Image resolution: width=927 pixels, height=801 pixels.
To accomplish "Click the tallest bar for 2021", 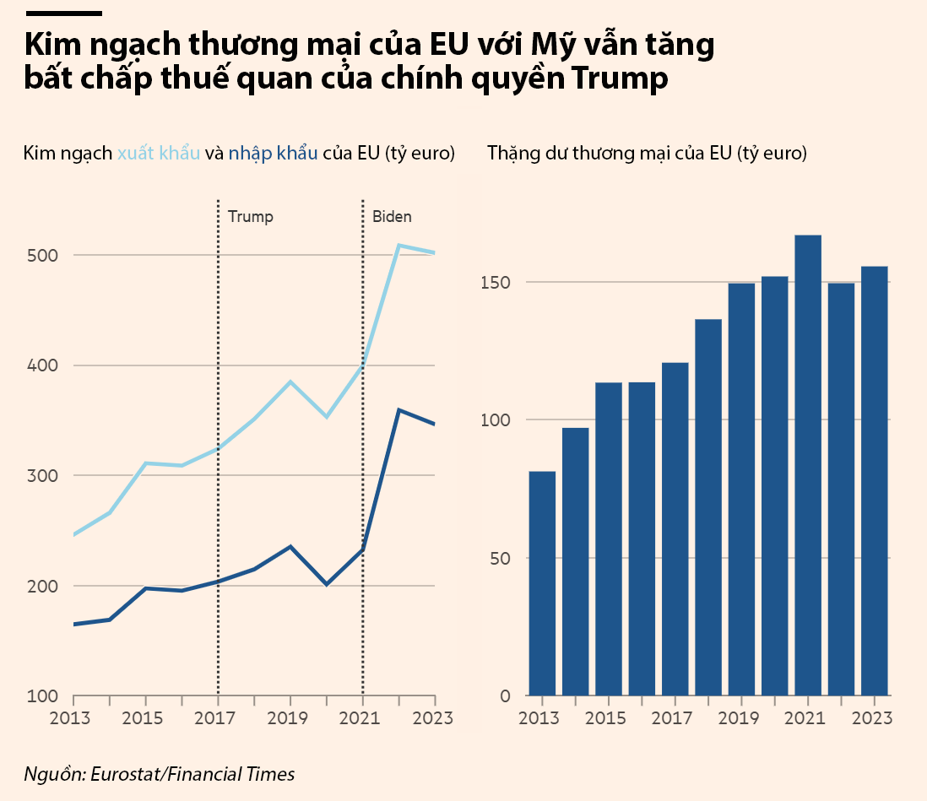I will coord(808,464).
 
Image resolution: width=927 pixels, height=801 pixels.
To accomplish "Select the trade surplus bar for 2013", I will coord(542,582).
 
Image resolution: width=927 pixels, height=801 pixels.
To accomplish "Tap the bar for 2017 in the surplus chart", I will coord(675,528).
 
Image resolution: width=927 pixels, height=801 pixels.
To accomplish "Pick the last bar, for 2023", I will coord(875,481).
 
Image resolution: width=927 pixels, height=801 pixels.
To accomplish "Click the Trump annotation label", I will coord(251,217).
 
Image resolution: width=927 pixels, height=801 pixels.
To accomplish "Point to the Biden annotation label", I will coord(393,217).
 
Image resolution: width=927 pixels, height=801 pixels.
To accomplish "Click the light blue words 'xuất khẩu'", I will coord(159,154).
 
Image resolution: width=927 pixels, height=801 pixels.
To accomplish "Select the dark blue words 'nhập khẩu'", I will coord(273,154).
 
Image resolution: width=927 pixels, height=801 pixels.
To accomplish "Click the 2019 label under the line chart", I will coord(290,718).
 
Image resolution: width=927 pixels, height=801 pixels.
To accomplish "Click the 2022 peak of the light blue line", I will coord(398,246).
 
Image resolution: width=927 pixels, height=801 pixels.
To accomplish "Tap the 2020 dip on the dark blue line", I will coord(327,584).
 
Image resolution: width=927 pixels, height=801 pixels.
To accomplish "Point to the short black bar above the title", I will coord(63,14).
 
